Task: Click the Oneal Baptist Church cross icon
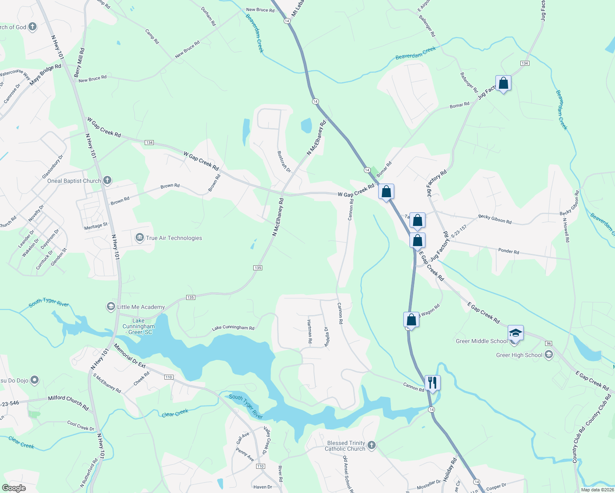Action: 107,180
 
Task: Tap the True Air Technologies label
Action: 174,238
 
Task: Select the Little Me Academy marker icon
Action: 111,306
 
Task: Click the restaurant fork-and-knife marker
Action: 432,382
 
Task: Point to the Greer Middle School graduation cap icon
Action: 516,333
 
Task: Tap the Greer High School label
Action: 519,355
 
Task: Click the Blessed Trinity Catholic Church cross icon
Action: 371,445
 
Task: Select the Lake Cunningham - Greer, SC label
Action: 139,326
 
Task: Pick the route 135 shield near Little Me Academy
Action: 190,297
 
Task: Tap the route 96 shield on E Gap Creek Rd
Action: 548,343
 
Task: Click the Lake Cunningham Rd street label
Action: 233,328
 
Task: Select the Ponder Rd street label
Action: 509,251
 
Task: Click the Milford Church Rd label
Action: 68,403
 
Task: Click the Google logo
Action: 14,488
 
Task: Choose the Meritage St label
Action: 96,226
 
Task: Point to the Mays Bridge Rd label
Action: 45,74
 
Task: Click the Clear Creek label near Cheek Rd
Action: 175,413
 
